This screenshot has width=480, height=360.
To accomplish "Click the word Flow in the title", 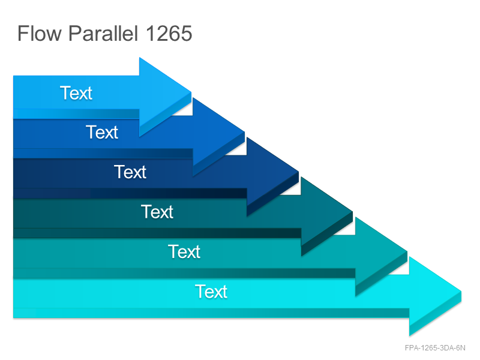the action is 40,33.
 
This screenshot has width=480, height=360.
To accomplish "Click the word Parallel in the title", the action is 103,33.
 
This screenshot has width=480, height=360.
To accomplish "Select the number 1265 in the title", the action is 169,34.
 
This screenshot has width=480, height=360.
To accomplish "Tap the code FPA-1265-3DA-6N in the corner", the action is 434,348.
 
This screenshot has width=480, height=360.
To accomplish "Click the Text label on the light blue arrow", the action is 76,93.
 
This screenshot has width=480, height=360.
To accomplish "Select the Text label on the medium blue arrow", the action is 102,132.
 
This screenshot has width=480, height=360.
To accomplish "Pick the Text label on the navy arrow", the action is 130,172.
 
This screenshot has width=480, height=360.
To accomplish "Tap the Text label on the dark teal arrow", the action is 157,212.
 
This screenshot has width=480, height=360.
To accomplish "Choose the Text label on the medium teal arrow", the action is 184,251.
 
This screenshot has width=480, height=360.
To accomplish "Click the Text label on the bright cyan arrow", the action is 211,292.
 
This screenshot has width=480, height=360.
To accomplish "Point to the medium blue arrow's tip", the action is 245,132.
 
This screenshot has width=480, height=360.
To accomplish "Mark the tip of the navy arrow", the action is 298,172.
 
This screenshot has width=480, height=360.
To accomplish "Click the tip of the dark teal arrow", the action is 353,212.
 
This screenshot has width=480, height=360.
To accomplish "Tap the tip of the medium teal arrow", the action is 407,251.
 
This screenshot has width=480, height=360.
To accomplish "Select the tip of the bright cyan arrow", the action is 461,292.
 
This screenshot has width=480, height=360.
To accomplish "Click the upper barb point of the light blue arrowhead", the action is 140,57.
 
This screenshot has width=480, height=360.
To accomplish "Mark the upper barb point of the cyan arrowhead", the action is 410,257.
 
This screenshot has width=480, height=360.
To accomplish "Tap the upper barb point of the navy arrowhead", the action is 247,137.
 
